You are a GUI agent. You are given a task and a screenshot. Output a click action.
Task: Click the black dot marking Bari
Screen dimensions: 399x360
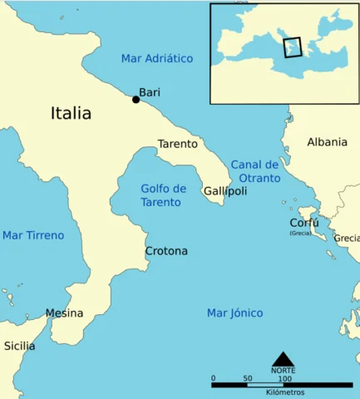tap(136, 100)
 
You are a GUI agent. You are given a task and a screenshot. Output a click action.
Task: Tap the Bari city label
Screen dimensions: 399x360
tap(150, 92)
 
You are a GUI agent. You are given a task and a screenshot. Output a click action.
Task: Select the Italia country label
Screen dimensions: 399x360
tap(71, 113)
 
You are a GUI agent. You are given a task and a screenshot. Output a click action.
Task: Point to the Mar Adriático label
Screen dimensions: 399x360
tap(156, 58)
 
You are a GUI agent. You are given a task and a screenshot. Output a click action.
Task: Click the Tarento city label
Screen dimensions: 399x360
tap(178, 143)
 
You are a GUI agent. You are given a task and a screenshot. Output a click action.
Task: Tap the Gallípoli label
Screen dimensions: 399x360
tap(225, 191)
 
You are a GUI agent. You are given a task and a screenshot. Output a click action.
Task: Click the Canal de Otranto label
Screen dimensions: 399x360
tap(254, 171)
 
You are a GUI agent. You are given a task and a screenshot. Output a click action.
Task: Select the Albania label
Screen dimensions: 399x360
tap(327, 142)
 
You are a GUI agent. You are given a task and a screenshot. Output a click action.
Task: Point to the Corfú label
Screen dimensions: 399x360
tap(303, 223)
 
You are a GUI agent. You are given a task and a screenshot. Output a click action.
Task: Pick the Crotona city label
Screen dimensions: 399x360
tap(166, 251)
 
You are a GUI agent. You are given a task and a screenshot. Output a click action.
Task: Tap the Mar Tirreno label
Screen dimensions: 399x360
tap(33, 235)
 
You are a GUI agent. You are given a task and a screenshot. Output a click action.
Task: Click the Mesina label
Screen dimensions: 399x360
tap(64, 313)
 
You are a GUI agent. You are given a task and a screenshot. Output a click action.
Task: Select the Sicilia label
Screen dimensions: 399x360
tap(19, 345)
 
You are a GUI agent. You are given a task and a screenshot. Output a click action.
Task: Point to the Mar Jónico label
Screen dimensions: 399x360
tap(234, 313)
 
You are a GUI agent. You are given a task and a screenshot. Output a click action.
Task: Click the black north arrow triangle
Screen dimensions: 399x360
tap(283, 358)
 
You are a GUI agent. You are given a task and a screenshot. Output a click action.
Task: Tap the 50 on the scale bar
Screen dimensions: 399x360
tap(248, 378)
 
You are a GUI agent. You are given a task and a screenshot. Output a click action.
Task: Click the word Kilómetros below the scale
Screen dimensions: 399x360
tap(284, 392)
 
